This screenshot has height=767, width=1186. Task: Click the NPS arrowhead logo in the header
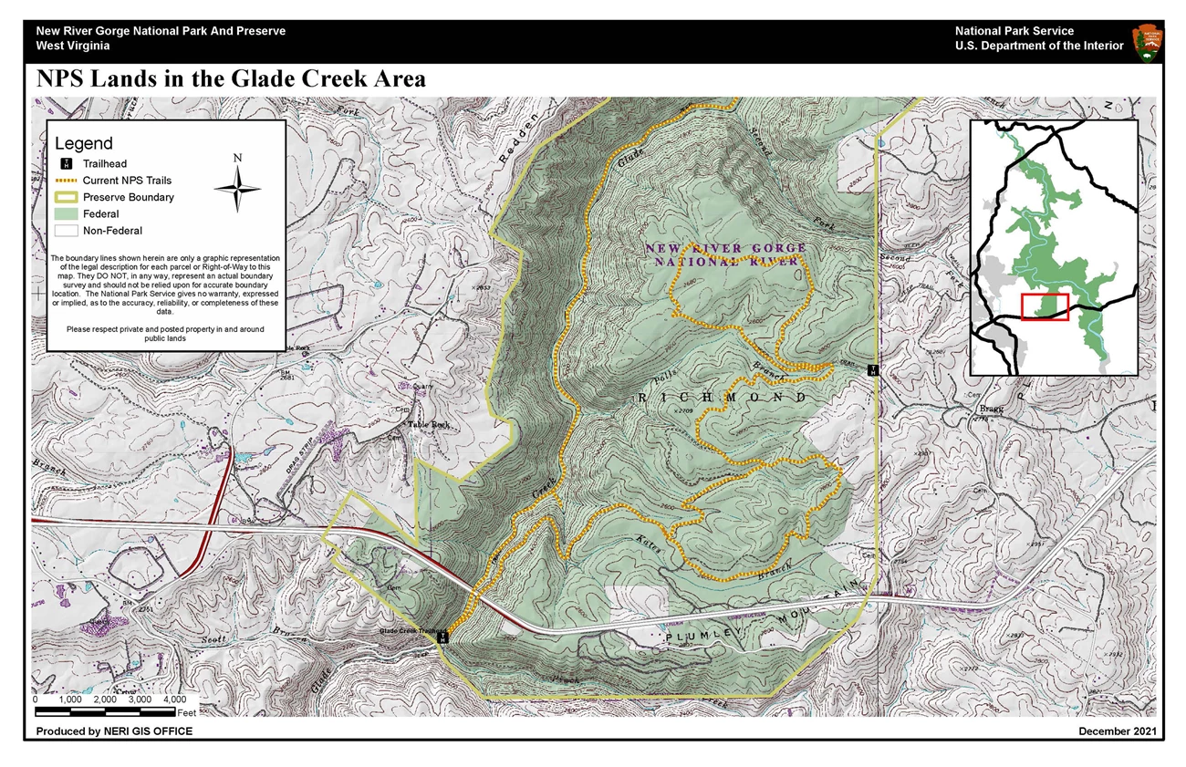click(1147, 42)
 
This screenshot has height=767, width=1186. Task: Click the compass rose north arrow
click(237, 186)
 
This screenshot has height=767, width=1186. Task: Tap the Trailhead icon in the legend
click(67, 164)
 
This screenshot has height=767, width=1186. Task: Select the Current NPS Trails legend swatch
click(67, 181)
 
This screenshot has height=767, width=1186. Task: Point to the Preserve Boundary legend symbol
click(67, 197)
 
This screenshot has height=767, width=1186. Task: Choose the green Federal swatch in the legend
click(67, 214)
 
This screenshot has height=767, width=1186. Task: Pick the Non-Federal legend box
click(67, 231)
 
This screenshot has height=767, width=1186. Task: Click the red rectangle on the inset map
click(1045, 307)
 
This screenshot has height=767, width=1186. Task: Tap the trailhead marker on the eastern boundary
click(873, 370)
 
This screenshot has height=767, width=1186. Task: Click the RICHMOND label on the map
click(722, 399)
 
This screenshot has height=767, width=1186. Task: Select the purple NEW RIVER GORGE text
click(725, 248)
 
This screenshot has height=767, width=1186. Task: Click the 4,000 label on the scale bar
click(174, 700)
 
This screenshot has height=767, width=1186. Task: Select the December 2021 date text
click(1118, 731)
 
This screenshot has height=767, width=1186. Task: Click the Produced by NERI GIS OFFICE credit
click(114, 731)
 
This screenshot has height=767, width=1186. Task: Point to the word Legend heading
click(84, 143)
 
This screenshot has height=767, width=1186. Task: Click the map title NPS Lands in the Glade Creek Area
click(231, 79)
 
